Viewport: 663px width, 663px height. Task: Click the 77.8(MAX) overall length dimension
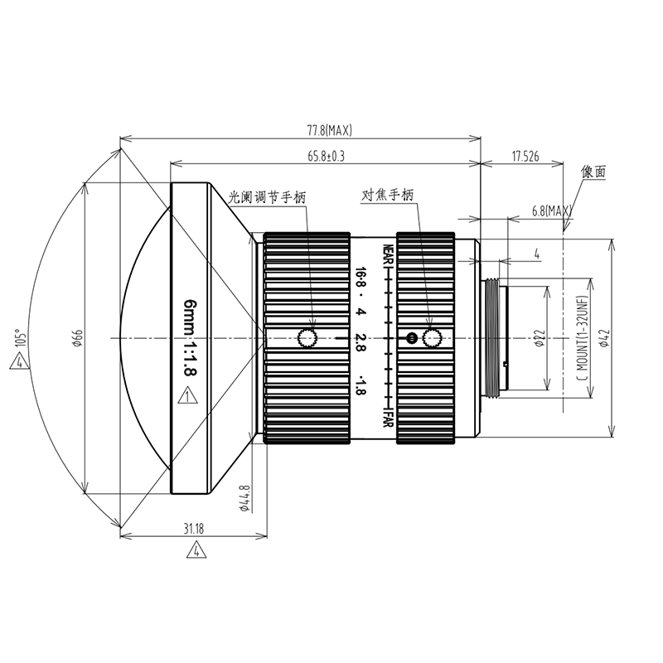tap(329, 130)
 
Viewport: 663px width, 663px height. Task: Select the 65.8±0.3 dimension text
tap(326, 156)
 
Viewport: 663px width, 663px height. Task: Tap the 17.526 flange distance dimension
tap(525, 156)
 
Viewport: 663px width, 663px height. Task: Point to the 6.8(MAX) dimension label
tap(552, 211)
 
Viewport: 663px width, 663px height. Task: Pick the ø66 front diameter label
tap(77, 338)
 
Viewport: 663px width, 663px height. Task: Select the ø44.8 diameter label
tap(244, 499)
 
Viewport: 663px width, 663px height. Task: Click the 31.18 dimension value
tap(194, 529)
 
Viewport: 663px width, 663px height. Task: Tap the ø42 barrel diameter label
tap(605, 338)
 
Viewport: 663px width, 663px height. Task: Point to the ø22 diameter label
tap(539, 338)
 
